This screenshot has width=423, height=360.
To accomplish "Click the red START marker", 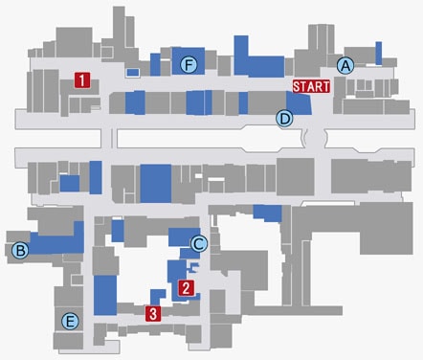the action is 311,86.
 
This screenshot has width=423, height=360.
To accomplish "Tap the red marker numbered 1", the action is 82,80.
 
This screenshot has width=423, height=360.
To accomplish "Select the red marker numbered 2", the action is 187,288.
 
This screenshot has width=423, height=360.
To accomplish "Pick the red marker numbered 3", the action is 153,314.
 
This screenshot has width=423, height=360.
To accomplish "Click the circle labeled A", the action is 345,65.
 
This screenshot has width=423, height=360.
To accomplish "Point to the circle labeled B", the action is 20,251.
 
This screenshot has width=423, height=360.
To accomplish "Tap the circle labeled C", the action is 199,244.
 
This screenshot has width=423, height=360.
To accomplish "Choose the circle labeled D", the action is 284,119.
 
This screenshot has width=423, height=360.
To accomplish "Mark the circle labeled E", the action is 70,321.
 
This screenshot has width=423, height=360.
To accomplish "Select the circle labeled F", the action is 189,65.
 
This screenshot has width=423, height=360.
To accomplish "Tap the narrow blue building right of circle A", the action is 379,54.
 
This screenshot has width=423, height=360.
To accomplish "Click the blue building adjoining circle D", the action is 300,102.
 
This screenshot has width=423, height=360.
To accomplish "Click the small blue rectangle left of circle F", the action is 133,73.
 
